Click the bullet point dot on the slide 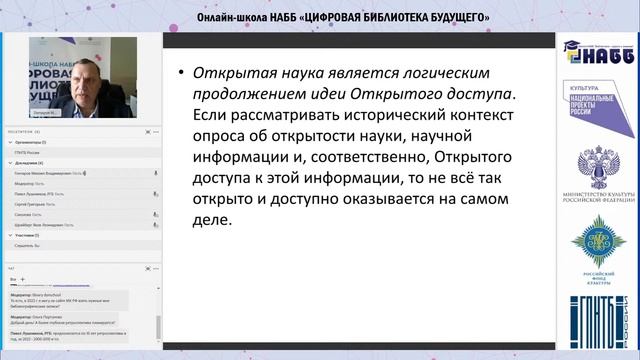coord(180,75)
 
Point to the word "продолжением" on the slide coord(250,95)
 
